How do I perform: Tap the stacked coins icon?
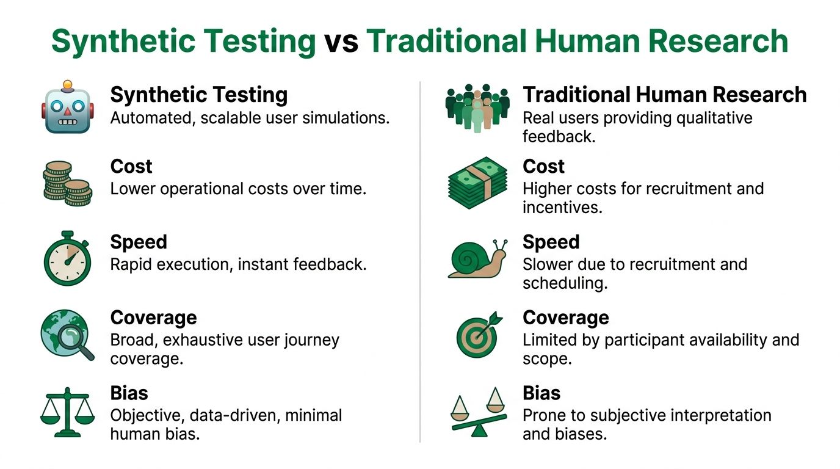[67, 183]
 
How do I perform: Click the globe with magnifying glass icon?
[67, 334]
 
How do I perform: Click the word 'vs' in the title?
[341, 42]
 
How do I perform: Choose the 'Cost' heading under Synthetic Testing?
[131, 167]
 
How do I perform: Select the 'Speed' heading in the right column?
[551, 242]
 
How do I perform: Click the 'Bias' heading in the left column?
[129, 393]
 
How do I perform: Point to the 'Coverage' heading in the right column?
[565, 318]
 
